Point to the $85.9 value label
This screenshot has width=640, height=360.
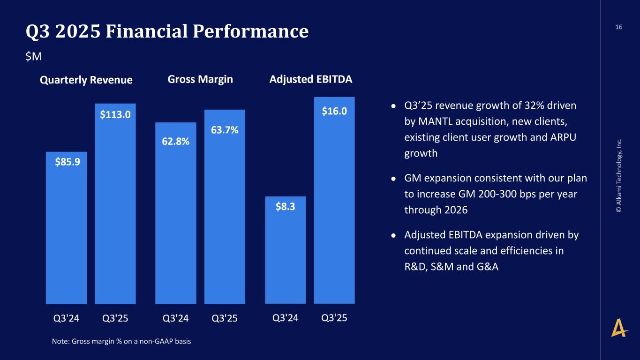pos(67,162)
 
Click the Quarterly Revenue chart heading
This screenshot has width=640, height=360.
pos(86,80)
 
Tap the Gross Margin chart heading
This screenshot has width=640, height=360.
pos(200,79)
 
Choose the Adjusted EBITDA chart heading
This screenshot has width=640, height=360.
pos(311,79)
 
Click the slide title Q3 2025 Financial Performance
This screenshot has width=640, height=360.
pos(167,31)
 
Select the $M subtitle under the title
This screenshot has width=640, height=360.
pos(34,56)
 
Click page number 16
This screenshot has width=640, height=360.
pos(619,27)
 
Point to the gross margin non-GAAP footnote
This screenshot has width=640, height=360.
pos(121,341)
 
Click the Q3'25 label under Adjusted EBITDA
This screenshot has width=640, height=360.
pos(334,318)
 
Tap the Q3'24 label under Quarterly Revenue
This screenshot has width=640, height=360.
pos(66,318)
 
